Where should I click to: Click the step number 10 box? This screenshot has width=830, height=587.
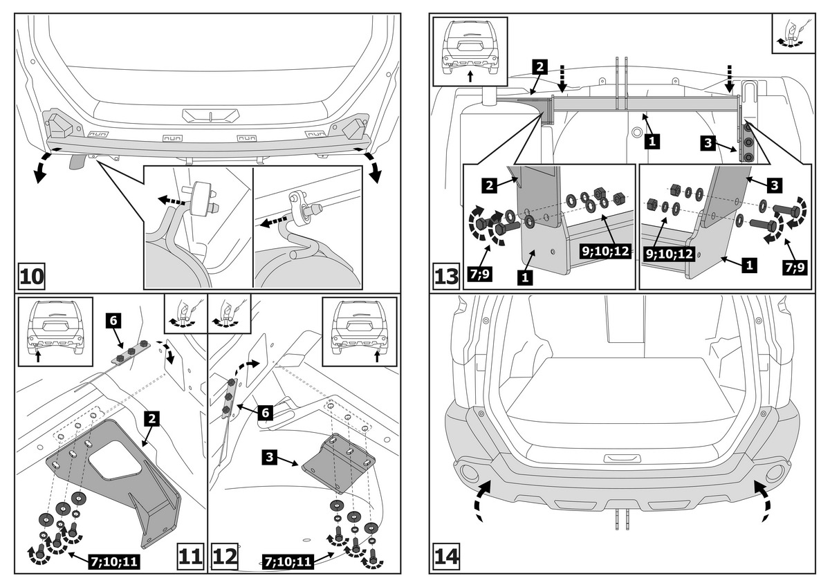[32, 277]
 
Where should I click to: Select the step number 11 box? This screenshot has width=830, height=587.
[192, 556]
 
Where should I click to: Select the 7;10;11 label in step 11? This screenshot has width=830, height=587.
[114, 562]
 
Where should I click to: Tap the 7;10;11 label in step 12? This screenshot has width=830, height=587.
[288, 562]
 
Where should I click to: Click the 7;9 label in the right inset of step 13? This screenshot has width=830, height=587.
[795, 268]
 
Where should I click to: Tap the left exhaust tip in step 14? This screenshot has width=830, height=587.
[468, 473]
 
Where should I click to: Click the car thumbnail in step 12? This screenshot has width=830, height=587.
[360, 326]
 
